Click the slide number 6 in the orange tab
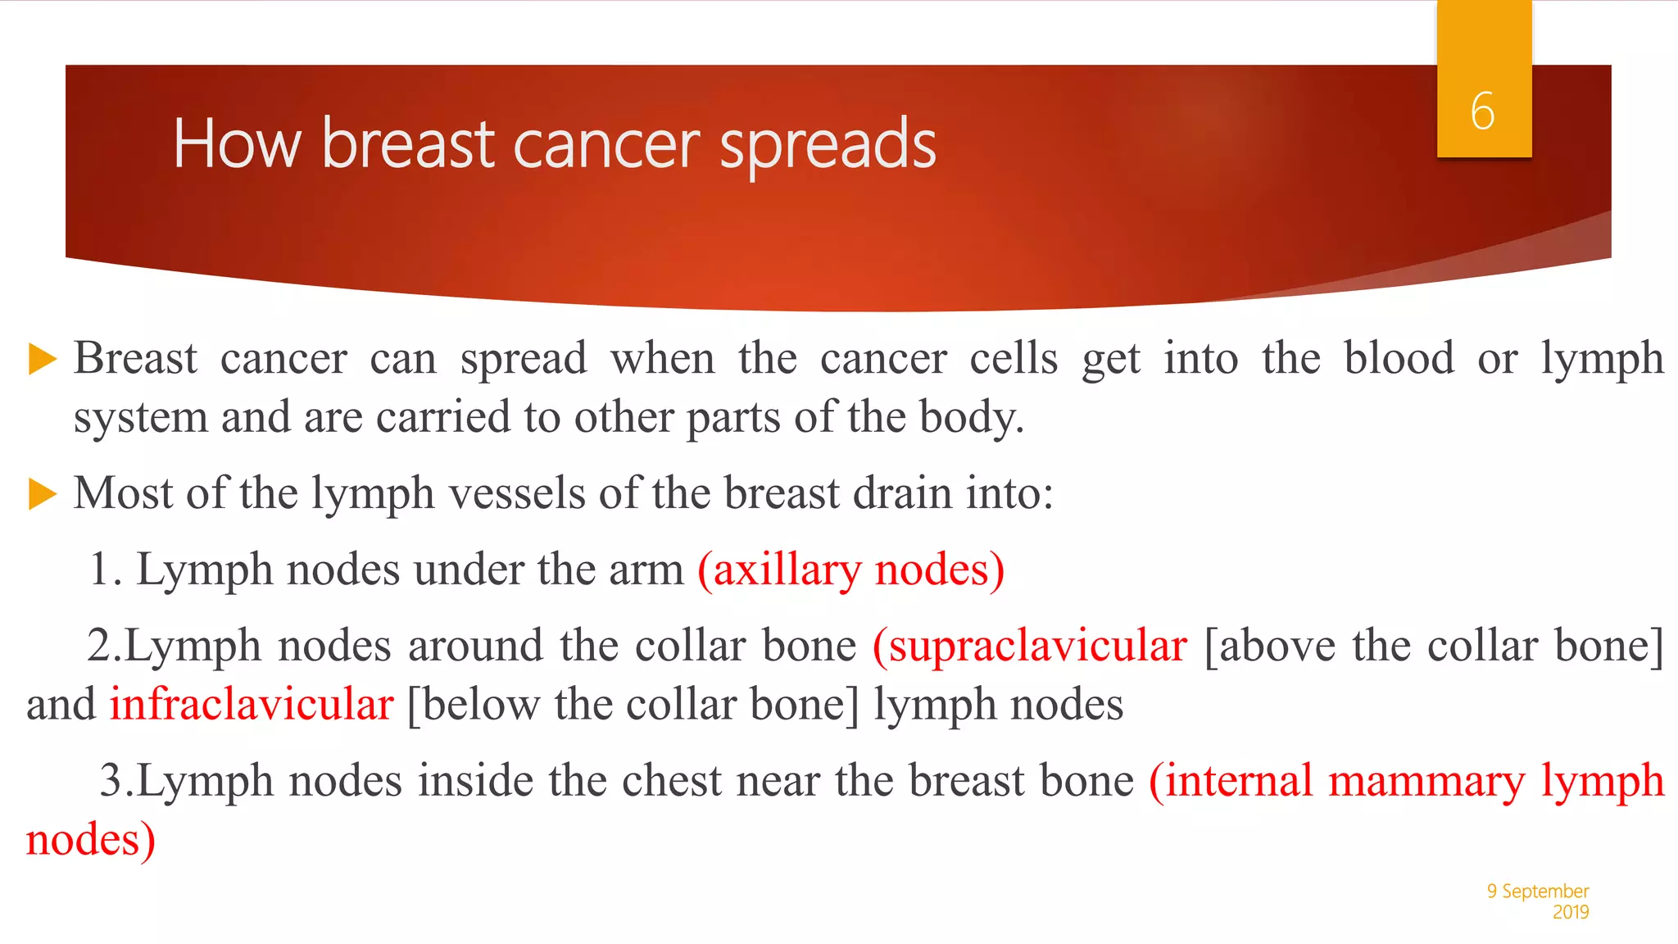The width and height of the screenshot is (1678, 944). point(1482,111)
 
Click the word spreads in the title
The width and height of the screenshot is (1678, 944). point(828,145)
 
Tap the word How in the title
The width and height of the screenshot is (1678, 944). point(237,145)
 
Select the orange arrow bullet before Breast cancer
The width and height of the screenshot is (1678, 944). point(42,359)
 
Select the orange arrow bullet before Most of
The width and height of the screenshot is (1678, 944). point(42,494)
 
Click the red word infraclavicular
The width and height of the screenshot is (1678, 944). point(252,705)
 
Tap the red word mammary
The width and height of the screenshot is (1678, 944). point(1426,781)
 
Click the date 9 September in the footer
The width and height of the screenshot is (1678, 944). point(1537,891)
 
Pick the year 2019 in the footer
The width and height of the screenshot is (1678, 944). point(1570,912)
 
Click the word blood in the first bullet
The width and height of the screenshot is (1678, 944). point(1399,359)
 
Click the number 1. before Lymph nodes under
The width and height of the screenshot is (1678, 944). point(105,570)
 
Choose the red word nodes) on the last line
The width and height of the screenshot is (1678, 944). point(90,840)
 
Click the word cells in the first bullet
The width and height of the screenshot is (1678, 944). point(1014,359)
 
